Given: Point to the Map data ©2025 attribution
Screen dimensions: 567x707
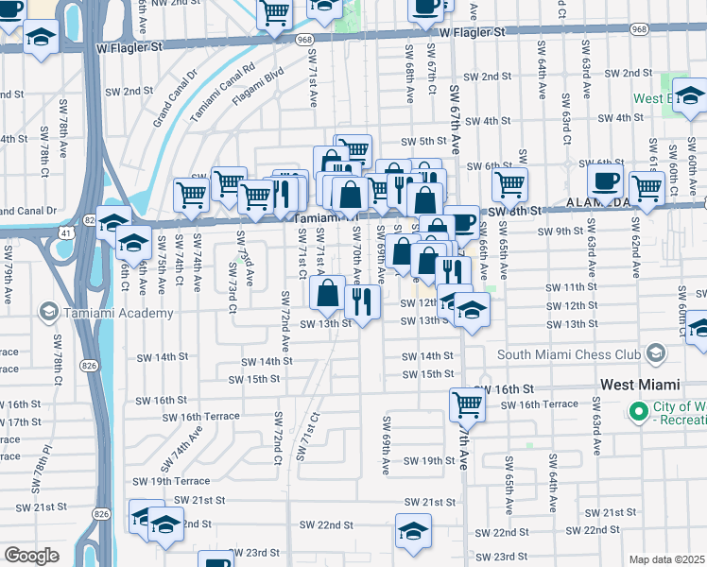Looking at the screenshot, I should [666, 559].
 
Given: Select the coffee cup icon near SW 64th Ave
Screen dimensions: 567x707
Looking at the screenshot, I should [604, 181].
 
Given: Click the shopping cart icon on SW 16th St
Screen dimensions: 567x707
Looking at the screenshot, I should [467, 404].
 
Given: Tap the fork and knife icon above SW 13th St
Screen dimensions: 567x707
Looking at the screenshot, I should [362, 301].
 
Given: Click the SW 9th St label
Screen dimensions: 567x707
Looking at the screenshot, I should [556, 231].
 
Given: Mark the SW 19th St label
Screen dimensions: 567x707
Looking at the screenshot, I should [437, 460].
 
